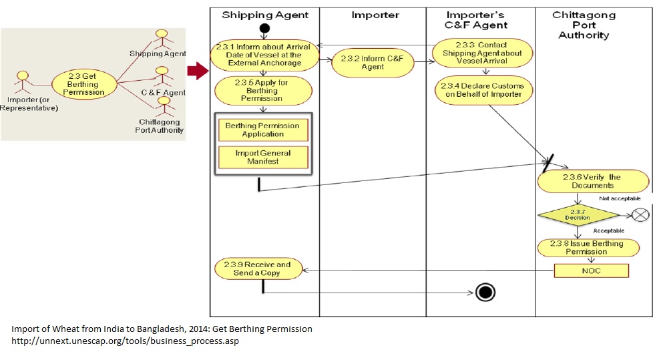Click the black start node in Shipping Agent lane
click(x=264, y=29)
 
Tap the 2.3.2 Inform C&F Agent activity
click(x=373, y=62)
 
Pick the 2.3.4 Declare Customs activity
click(x=484, y=90)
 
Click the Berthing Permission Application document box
click(x=262, y=130)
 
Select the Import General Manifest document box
click(x=262, y=158)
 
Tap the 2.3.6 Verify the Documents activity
click(x=592, y=181)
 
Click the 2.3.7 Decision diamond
click(x=578, y=214)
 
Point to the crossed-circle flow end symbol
click(x=640, y=215)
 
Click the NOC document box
click(x=591, y=271)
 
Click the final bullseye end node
click(x=485, y=292)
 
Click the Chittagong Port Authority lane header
click(x=584, y=25)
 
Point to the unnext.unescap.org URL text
click(x=125, y=341)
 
